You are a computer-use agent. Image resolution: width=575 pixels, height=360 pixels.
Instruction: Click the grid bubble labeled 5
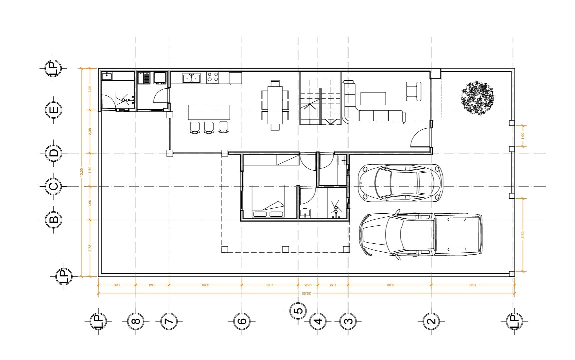pos(298,310)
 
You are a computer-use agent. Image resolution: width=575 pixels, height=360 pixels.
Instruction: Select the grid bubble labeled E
pos(53,110)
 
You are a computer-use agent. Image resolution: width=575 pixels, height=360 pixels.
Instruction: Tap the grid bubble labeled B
pos(53,220)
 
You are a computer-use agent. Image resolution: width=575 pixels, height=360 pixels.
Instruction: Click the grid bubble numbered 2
pos(431,321)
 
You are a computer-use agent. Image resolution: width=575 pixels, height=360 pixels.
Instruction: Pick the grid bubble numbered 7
pos(169,321)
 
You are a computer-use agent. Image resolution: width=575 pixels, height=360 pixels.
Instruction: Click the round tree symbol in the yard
pos(477,98)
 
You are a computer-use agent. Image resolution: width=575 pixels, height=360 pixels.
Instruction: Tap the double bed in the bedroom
pos(268,201)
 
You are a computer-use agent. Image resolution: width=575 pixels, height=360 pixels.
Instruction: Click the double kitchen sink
pos(191,78)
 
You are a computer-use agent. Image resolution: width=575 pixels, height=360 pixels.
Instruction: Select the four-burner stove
pos(213,77)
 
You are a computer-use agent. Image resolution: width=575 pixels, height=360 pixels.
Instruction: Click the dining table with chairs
pos(275,105)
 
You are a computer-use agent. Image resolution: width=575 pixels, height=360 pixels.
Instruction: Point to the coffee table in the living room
pos(373,99)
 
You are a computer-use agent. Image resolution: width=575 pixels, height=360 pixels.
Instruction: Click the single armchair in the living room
pos(413,91)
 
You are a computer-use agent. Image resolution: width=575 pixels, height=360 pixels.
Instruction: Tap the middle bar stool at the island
pos(209,127)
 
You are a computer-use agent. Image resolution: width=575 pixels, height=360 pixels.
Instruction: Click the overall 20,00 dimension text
pos(306,294)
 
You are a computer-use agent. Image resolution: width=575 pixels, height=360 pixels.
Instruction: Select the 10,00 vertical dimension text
pos(82,172)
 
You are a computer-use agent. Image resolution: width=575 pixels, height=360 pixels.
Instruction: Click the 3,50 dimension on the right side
pos(522,235)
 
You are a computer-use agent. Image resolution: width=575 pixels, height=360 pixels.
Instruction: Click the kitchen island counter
pos(209,112)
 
